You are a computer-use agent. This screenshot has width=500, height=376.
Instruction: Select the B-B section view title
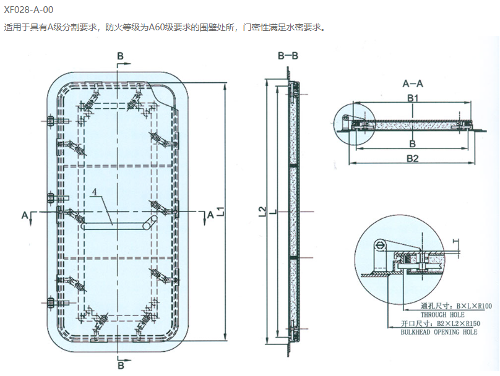pyautogui.click(x=288, y=56)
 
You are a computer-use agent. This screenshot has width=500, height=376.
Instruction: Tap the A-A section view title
pyautogui.click(x=412, y=83)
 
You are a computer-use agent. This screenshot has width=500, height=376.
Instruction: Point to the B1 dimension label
pyautogui.click(x=413, y=98)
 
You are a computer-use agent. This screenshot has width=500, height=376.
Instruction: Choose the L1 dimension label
pyautogui.click(x=220, y=212)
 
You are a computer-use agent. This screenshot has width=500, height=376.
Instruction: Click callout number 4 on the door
pyautogui.click(x=94, y=192)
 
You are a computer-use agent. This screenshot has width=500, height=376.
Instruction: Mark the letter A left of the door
pyautogui.click(x=25, y=214)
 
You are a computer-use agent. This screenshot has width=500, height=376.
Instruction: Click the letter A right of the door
pyautogui.click(x=210, y=214)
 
